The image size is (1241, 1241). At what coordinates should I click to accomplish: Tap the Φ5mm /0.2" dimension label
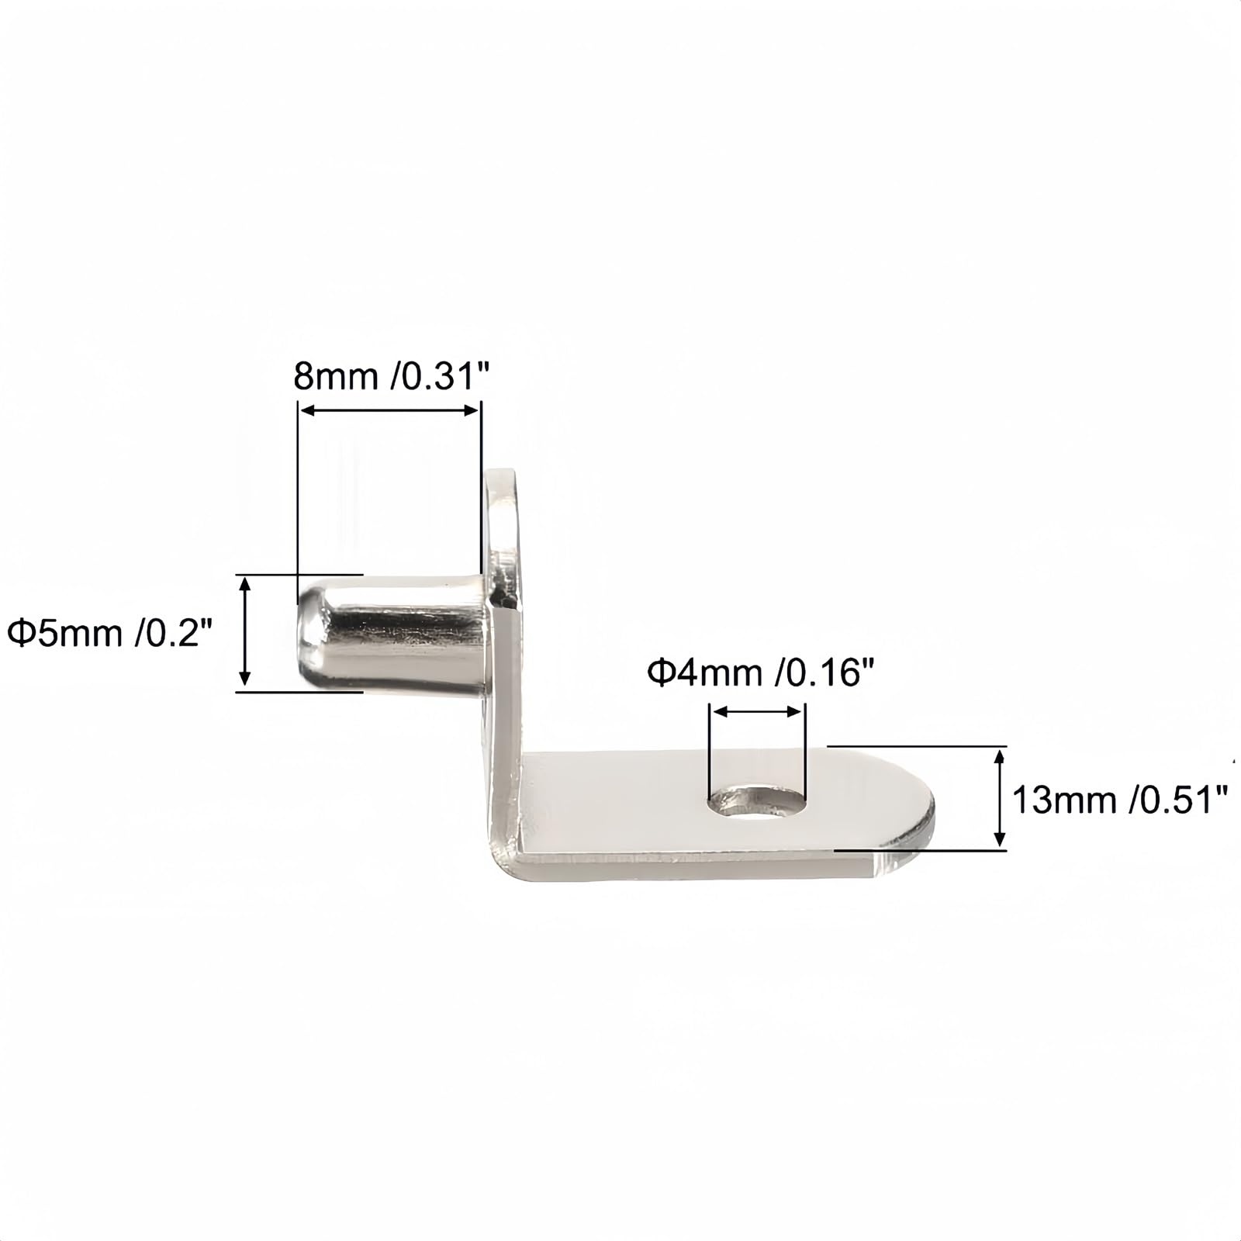[x=109, y=633]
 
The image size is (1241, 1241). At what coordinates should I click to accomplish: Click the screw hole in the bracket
[x=755, y=800]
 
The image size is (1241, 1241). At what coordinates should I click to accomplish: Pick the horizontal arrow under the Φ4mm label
[x=757, y=711]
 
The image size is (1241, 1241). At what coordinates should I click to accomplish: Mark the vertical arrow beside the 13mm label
[x=1001, y=797]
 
